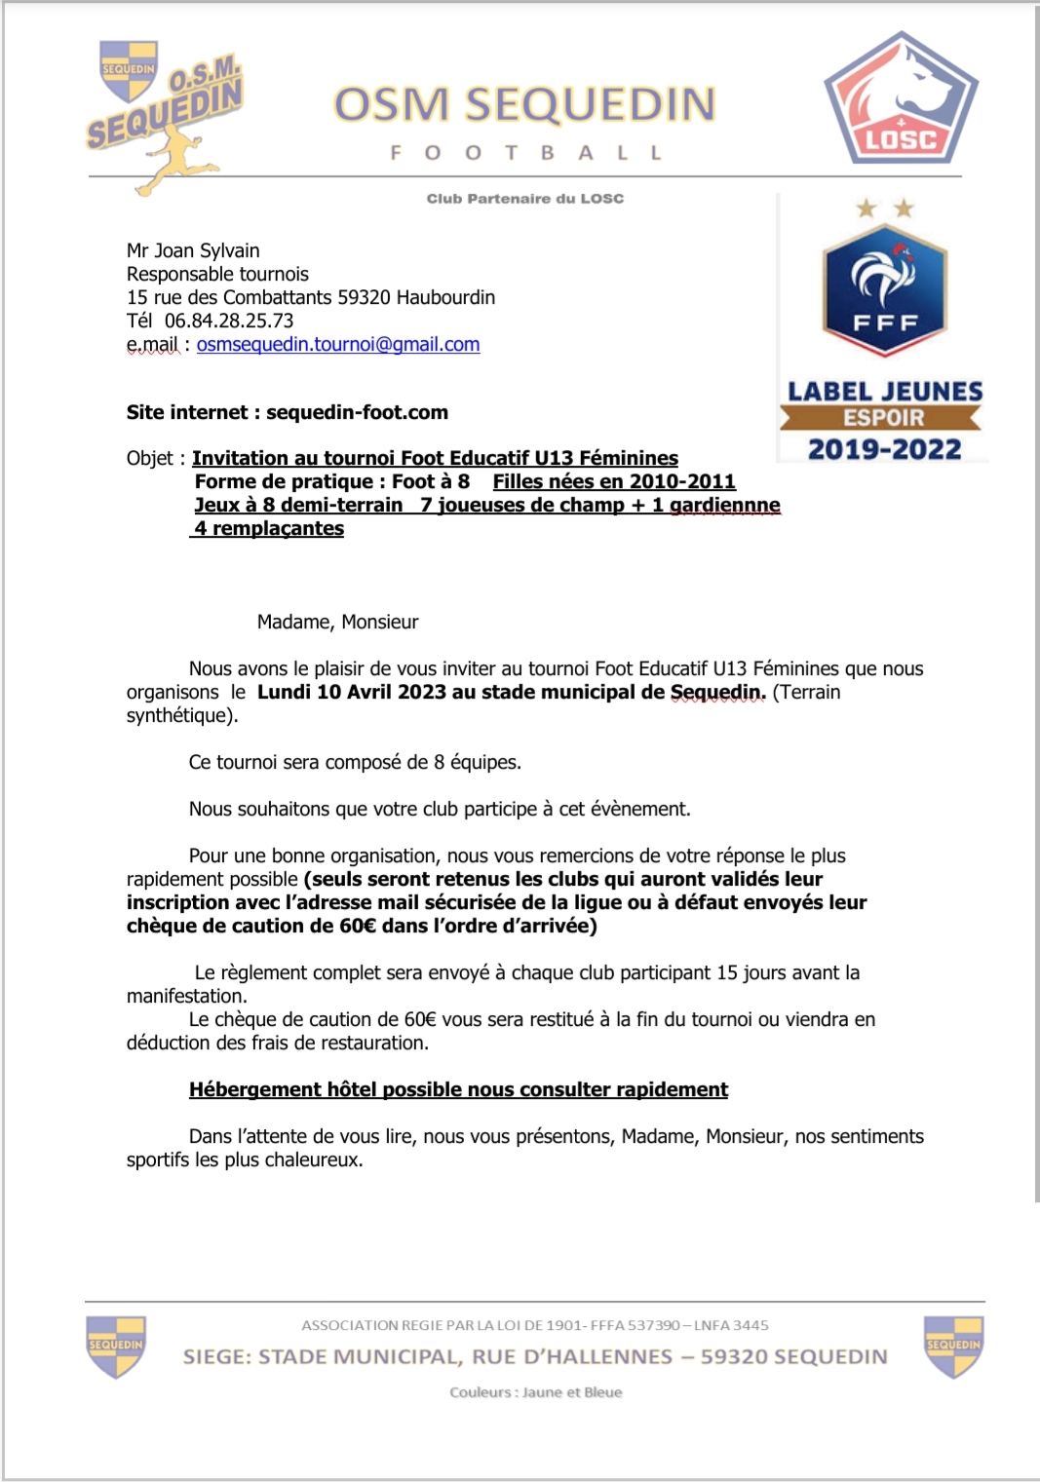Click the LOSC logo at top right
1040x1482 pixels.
[x=901, y=101]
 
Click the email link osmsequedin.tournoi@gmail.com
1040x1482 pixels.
[x=338, y=344]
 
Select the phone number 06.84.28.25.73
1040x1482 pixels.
[x=229, y=321]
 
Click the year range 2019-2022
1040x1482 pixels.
[x=884, y=449]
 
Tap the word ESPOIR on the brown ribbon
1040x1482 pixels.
[x=883, y=418]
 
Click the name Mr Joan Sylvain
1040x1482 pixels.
[x=193, y=250]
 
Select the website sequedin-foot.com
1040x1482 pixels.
[x=357, y=412]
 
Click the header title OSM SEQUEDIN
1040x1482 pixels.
[x=524, y=105]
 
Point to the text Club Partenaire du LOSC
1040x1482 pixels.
[x=524, y=199]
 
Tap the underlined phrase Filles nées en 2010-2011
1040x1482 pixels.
[x=614, y=481]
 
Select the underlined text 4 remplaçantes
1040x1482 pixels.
[x=269, y=528]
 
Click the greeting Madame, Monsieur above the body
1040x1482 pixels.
[x=337, y=622]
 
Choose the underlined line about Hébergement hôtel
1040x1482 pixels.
[x=458, y=1089]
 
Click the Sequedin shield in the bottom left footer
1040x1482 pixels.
[x=116, y=1347]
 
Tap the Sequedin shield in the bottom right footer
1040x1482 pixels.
[x=953, y=1347]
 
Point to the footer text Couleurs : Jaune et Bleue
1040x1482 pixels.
[x=535, y=1392]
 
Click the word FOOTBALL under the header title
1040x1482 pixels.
[x=525, y=153]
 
